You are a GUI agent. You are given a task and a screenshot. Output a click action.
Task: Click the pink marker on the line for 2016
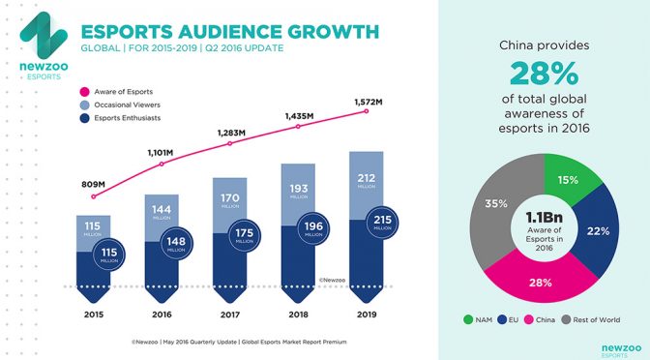161,165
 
